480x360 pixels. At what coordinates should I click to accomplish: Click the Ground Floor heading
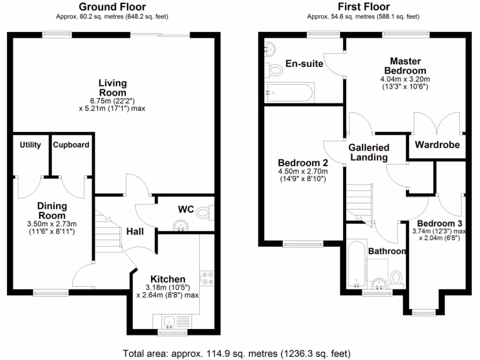112,7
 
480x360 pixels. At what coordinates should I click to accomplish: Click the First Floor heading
363,7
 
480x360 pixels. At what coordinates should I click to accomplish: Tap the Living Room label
112,88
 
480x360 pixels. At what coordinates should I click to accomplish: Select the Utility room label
30,145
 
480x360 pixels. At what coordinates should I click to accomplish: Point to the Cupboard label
71,145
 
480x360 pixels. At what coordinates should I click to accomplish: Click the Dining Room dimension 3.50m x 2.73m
52,224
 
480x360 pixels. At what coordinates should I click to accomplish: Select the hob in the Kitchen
207,278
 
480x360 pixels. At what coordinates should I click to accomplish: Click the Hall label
135,231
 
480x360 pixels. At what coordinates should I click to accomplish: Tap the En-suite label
305,64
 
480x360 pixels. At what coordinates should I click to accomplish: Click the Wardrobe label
437,145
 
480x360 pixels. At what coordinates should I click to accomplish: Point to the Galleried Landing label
369,152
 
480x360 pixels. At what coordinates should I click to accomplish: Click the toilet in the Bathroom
397,277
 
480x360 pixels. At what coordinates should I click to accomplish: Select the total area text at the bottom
237,353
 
